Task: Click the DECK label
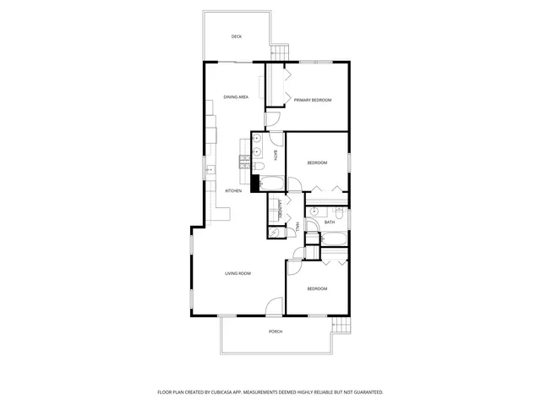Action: point(237,36)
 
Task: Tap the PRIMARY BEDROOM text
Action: point(312,100)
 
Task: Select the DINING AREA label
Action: point(236,97)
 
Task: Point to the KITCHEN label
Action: point(233,190)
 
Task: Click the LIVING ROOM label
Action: point(238,273)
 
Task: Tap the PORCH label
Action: point(276,332)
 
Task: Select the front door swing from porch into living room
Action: point(273,307)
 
